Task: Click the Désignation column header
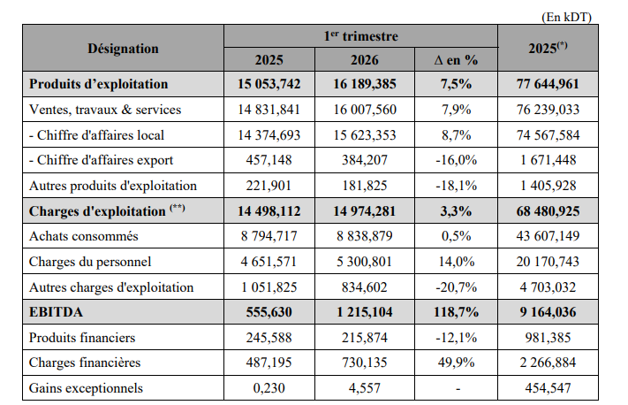pyautogui.click(x=123, y=49)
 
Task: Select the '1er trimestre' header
pyautogui.click(x=360, y=36)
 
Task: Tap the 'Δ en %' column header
pyautogui.click(x=457, y=61)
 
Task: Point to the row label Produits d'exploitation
pyautogui.click(x=99, y=85)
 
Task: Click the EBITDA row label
pyautogui.click(x=55, y=313)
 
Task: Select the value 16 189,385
pyautogui.click(x=365, y=85)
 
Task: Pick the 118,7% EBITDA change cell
pyautogui.click(x=458, y=313)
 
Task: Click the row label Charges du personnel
pyautogui.click(x=90, y=262)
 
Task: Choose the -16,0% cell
pyautogui.click(x=458, y=160)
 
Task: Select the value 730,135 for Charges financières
pyautogui.click(x=365, y=363)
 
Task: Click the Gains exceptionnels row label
pyautogui.click(x=85, y=389)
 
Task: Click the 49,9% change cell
pyautogui.click(x=458, y=363)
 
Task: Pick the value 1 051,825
pyautogui.click(x=269, y=287)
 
